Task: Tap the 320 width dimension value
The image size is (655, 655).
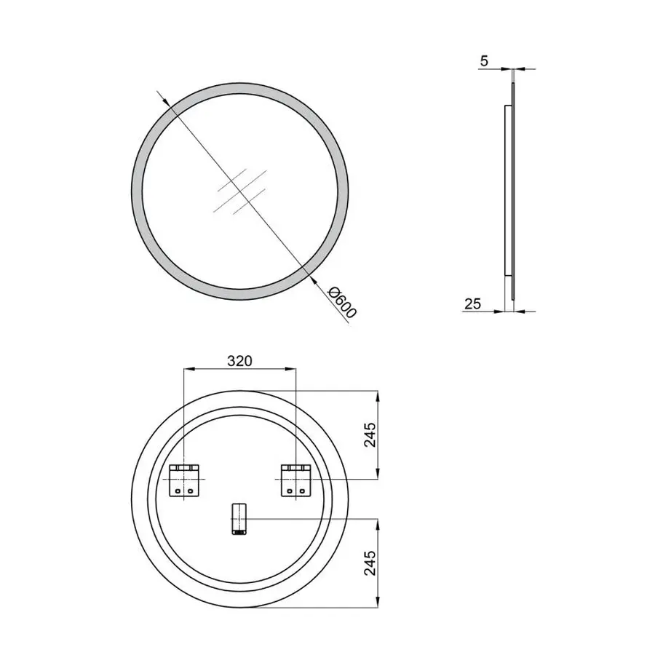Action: coord(239,360)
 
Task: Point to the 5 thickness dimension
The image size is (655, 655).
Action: coord(484,61)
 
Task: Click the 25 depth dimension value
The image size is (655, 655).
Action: coord(472,304)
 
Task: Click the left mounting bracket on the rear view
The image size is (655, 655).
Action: coord(183,481)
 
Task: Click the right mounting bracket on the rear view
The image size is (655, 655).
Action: coord(296,481)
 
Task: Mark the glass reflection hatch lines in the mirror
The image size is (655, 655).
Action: coord(237,191)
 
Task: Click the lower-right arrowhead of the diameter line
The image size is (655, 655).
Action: coord(309,275)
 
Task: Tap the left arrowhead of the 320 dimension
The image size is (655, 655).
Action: coord(187,369)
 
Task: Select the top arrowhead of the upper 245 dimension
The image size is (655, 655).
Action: coord(377,394)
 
